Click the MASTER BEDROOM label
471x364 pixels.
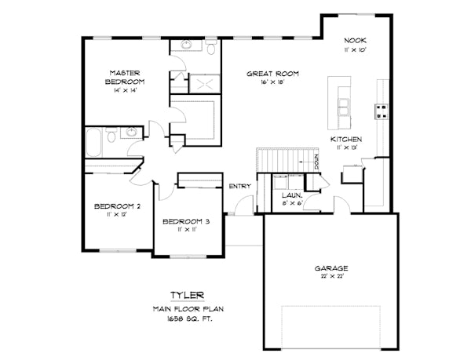click(126, 76)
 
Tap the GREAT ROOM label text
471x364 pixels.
click(272, 74)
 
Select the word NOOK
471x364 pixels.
click(356, 40)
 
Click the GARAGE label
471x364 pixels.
click(327, 268)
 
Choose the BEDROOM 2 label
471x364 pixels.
click(117, 206)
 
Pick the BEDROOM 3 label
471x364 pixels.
click(186, 221)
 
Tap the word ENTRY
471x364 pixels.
click(239, 186)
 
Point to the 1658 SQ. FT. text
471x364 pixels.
click(188, 318)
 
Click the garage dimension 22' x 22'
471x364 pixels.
click(327, 276)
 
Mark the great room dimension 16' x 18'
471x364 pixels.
click(272, 82)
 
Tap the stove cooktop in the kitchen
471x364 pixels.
click(382, 111)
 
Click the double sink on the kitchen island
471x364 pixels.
click(344, 105)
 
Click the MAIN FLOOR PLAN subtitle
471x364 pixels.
click(188, 309)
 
